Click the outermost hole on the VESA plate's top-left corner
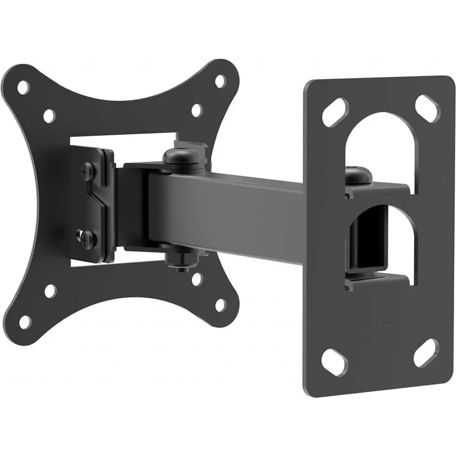(23, 87)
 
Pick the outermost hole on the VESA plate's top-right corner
(220, 81)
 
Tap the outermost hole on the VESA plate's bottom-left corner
(25, 320)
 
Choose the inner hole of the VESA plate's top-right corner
(196, 110)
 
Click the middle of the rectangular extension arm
(232, 209)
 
